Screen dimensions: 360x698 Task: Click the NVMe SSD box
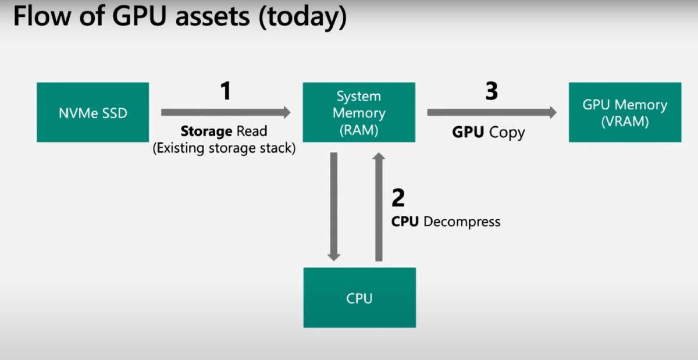[x=92, y=112]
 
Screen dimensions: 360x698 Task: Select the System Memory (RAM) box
[x=359, y=112]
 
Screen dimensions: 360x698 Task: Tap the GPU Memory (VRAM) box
[x=625, y=112]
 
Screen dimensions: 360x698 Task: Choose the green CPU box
[x=359, y=298]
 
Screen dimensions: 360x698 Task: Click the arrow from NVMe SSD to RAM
[x=226, y=112]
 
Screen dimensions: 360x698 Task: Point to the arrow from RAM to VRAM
[x=492, y=112]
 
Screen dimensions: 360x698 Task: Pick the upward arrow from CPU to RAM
[x=379, y=206]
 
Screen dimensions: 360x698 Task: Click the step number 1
[x=226, y=91]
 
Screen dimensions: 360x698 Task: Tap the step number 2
[x=398, y=198]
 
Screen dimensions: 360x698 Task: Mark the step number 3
[x=492, y=91]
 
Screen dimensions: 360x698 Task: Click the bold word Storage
[x=206, y=131]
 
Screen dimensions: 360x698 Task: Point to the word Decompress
[x=462, y=222]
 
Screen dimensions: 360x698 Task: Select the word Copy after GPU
[x=507, y=132]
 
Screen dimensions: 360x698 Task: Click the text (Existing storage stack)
[x=225, y=148]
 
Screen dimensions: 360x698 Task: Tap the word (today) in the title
[x=302, y=18]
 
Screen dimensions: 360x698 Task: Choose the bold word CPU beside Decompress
[x=405, y=222]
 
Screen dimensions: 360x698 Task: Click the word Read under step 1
[x=251, y=131]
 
